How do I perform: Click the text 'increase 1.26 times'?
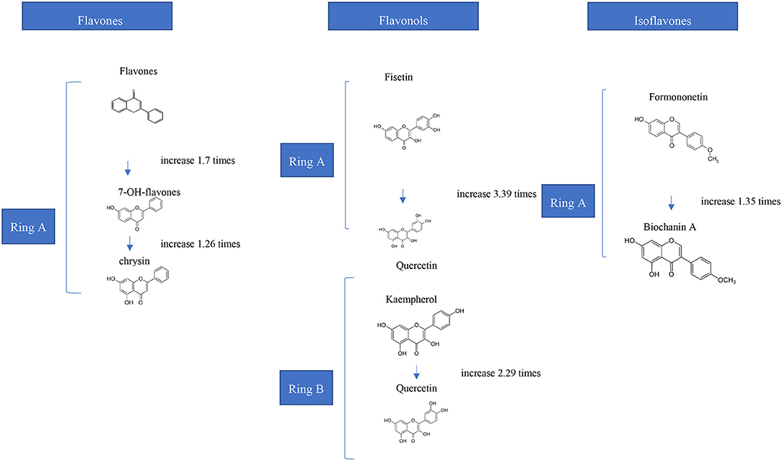point(201,244)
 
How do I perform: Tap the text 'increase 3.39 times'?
point(496,195)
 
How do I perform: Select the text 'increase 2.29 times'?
point(500,373)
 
